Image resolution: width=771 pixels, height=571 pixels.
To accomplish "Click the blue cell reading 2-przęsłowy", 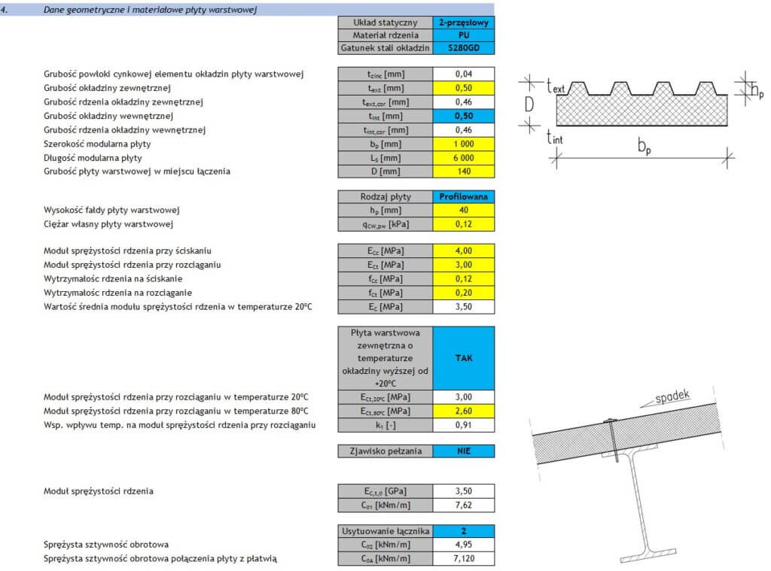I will [x=464, y=22].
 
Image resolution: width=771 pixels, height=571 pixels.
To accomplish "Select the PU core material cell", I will [x=464, y=35].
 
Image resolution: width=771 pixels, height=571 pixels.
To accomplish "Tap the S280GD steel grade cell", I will [x=464, y=47].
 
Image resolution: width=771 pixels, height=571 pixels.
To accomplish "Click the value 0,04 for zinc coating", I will [x=464, y=74].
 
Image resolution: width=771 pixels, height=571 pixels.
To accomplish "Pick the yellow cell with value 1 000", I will [x=464, y=144].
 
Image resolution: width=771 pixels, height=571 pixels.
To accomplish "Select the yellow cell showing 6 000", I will [x=464, y=157].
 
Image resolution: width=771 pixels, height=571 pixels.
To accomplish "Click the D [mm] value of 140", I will [x=464, y=171].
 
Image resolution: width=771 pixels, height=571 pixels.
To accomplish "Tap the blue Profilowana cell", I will [x=464, y=196].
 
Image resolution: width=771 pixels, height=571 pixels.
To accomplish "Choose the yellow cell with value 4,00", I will [x=464, y=251].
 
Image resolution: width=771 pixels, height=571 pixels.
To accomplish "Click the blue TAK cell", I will [x=464, y=358].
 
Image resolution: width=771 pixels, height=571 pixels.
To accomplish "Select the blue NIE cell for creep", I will [x=464, y=451].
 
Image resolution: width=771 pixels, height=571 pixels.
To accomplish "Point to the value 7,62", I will [x=464, y=504].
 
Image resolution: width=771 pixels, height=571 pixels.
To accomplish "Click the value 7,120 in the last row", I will [x=464, y=558].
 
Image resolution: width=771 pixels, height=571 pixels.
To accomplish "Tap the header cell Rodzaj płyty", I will [x=385, y=196].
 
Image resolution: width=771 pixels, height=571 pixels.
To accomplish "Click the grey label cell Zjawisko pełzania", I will [x=385, y=451].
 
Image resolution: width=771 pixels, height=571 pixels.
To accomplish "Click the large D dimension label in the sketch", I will [x=529, y=105].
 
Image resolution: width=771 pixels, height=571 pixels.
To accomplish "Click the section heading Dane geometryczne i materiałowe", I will [x=150, y=9].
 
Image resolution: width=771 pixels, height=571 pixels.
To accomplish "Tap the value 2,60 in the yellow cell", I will [x=464, y=411].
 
